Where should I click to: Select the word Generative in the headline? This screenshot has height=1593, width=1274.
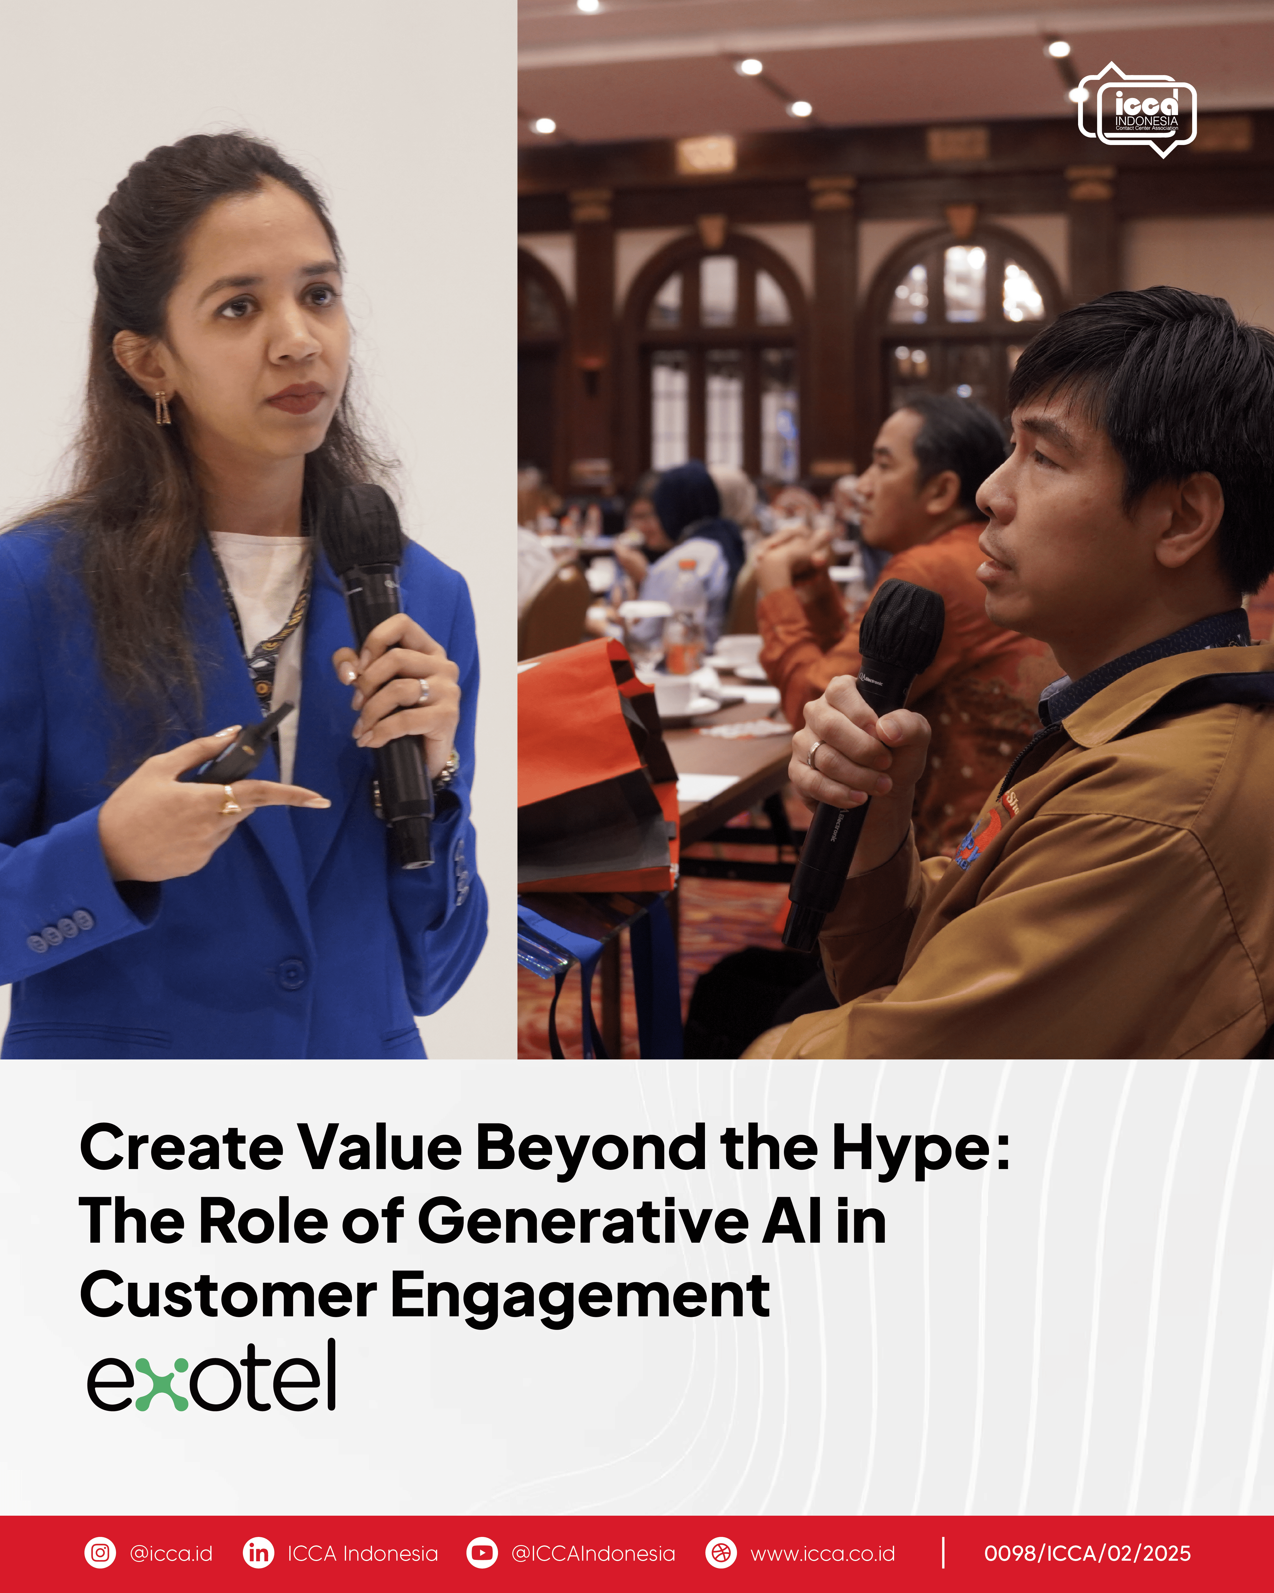(583, 1221)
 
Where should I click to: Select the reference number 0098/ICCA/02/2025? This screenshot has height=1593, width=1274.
(1087, 1553)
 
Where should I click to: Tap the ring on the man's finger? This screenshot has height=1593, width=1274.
(814, 754)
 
